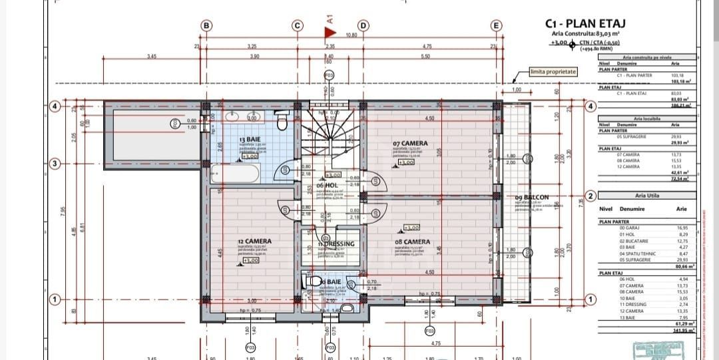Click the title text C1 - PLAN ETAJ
585,23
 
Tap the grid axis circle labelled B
206,25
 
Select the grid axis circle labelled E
496,25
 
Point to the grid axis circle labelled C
298,25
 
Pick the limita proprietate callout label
553,71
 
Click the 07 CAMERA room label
410,143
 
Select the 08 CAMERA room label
412,242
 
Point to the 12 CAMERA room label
254,242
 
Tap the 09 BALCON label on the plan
532,197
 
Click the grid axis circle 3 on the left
56,164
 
